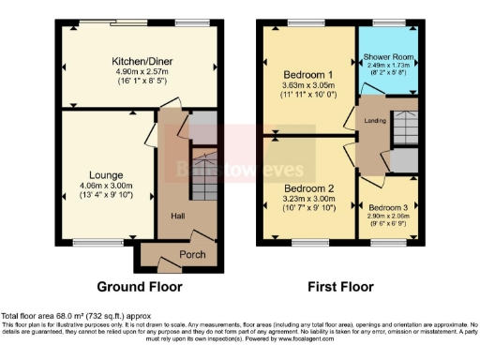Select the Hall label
(177, 216)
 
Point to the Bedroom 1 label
(307, 74)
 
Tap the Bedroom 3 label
(387, 208)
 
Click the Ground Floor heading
(140, 287)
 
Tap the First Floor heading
(339, 287)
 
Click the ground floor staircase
(203, 173)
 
